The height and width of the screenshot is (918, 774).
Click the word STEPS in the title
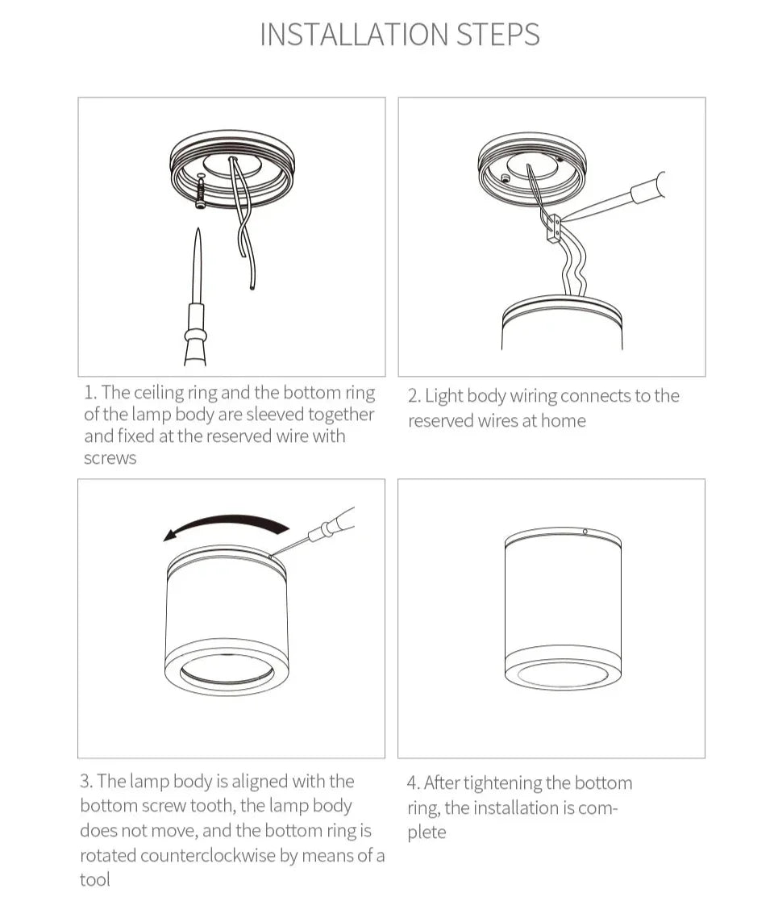[497, 35]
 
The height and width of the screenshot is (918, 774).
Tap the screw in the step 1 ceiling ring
[198, 192]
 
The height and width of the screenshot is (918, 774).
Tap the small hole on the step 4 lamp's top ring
[585, 532]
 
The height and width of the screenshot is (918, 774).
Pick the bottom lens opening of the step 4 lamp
[562, 674]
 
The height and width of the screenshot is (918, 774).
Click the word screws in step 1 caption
[110, 458]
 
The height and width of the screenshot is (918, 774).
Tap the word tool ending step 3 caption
[94, 879]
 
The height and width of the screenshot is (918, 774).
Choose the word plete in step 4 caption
[427, 832]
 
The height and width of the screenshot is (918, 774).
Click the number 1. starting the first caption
[90, 393]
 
